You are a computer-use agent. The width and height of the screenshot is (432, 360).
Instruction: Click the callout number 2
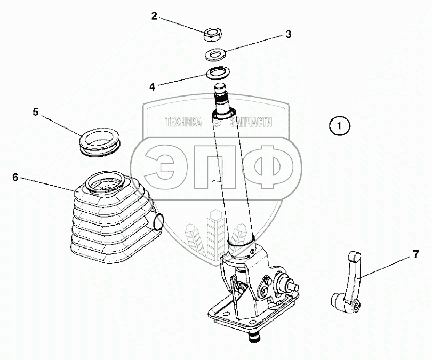pos(154,15)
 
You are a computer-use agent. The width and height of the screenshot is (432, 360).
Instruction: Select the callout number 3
pos(288,35)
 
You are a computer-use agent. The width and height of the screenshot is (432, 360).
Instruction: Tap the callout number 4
pos(152,86)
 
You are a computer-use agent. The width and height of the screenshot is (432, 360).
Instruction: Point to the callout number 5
pos(35,112)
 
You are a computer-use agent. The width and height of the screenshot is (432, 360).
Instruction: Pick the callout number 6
pos(15,177)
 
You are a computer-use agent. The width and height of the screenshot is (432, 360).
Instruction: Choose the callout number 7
pos(415,255)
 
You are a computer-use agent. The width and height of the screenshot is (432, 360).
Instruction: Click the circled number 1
pos(340,126)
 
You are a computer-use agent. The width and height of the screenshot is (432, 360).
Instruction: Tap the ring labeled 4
pos(217,72)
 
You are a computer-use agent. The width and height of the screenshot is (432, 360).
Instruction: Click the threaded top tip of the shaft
pos(221,96)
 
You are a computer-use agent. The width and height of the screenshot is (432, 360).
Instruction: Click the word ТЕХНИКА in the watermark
pos(183,123)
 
